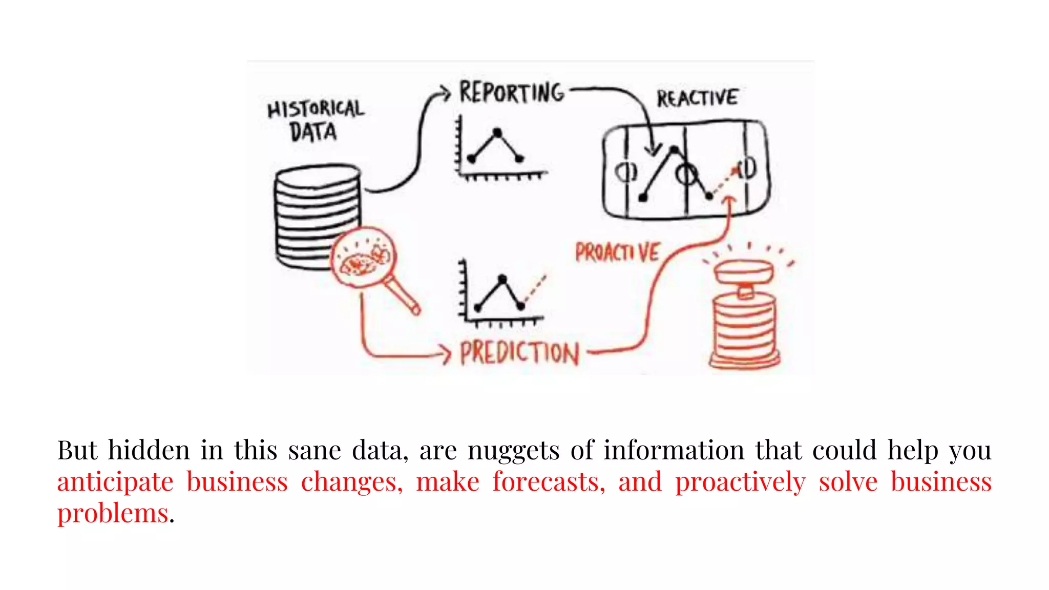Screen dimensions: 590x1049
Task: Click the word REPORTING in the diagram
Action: [511, 93]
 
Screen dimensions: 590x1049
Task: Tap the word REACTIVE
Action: [697, 98]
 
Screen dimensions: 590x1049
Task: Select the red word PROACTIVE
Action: [617, 252]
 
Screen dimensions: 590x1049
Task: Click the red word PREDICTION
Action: [519, 353]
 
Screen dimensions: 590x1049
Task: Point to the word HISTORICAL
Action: [316, 109]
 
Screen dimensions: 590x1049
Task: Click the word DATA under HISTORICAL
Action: [313, 132]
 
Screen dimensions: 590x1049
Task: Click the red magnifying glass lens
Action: [363, 258]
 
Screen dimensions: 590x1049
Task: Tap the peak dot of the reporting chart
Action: [497, 133]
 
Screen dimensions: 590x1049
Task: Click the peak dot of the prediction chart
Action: [502, 279]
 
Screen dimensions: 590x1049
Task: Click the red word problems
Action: [113, 514]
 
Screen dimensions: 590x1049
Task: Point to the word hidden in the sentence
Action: [149, 450]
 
